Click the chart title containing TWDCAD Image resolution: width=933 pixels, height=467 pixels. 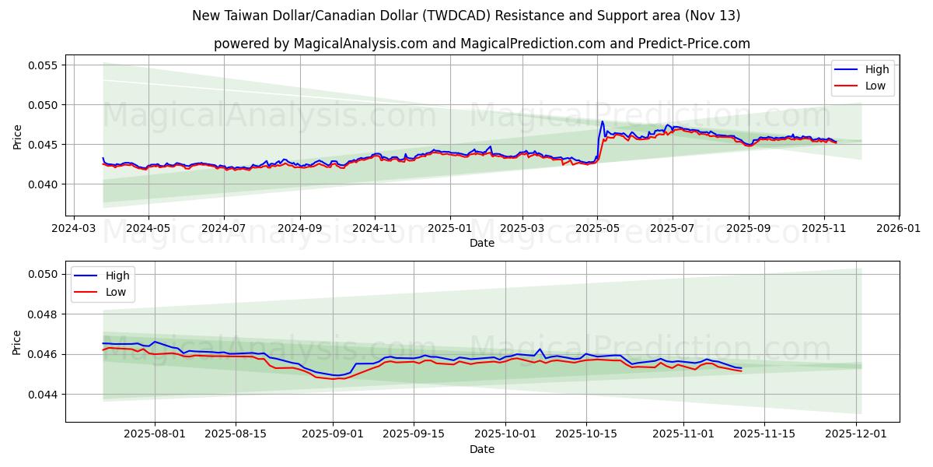[x=466, y=16]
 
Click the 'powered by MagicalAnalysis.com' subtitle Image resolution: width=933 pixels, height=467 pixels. [x=482, y=44]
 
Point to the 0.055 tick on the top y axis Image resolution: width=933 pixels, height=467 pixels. [x=43, y=65]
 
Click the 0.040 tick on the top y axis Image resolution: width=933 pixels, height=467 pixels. [x=43, y=184]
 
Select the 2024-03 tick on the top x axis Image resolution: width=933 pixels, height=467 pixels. [x=73, y=230]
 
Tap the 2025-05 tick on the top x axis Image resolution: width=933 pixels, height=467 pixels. [x=597, y=230]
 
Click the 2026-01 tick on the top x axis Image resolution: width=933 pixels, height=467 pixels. [x=898, y=230]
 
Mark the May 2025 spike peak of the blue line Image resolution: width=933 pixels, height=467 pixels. [x=602, y=121]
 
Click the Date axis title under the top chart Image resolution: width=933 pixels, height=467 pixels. [x=482, y=243]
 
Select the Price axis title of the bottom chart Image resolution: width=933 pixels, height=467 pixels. [x=17, y=342]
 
